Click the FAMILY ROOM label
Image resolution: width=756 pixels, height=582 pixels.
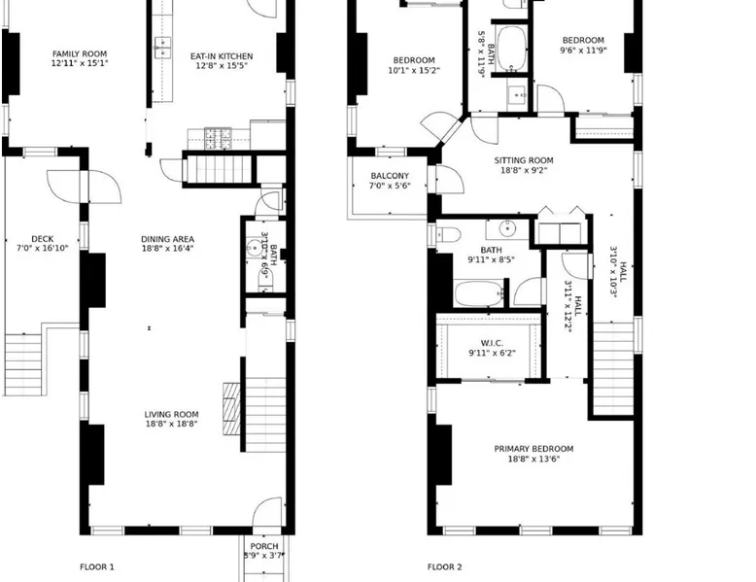pos(80,54)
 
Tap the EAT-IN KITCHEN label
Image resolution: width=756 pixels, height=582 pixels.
pos(222,56)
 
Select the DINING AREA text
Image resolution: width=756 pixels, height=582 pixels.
pos(167,239)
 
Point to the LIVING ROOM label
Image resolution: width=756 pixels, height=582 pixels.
pos(171,414)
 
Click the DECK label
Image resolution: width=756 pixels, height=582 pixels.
pos(43,239)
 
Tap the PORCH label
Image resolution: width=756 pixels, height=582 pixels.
pos(264,546)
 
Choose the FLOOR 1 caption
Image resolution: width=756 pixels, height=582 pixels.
pos(97,567)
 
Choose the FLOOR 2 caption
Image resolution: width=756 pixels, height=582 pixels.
pos(444,567)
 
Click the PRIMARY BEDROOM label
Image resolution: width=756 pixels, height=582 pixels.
pos(533,449)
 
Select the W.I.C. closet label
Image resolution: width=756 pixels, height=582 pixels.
pos(492,343)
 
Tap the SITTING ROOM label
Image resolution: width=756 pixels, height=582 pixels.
pos(524,160)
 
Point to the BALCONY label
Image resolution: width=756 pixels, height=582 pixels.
pos(390,176)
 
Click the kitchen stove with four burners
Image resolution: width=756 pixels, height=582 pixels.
pos(219,138)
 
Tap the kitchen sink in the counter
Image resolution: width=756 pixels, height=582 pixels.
pos(162,48)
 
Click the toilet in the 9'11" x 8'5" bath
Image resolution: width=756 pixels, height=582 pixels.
pos(447,235)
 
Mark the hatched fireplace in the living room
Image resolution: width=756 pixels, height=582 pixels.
pos(231,409)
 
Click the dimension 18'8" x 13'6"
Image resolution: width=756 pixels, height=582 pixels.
pos(533,459)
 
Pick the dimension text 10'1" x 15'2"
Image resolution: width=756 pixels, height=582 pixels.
pos(414,70)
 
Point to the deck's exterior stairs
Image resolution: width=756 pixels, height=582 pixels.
pos(22,364)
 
